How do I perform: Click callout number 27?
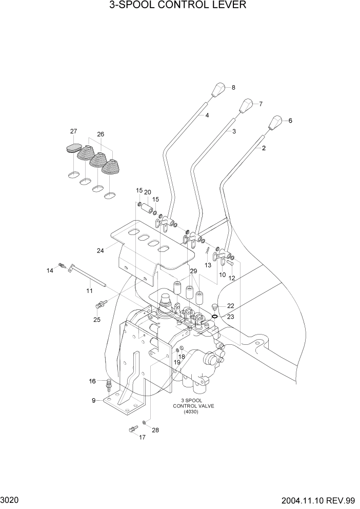pyautogui.click(x=73, y=131)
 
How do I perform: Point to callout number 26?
pyautogui.click(x=101, y=134)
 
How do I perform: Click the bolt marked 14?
pyautogui.click(x=62, y=265)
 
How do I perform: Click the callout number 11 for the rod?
pyautogui.click(x=89, y=291)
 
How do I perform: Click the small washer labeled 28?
pyautogui.click(x=145, y=422)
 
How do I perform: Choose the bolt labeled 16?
pyautogui.click(x=109, y=383)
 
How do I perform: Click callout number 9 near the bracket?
pyautogui.click(x=94, y=401)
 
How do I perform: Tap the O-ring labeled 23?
pyautogui.click(x=214, y=317)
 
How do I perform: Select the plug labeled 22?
pyautogui.click(x=214, y=307)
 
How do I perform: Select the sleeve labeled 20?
pyautogui.click(x=148, y=209)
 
